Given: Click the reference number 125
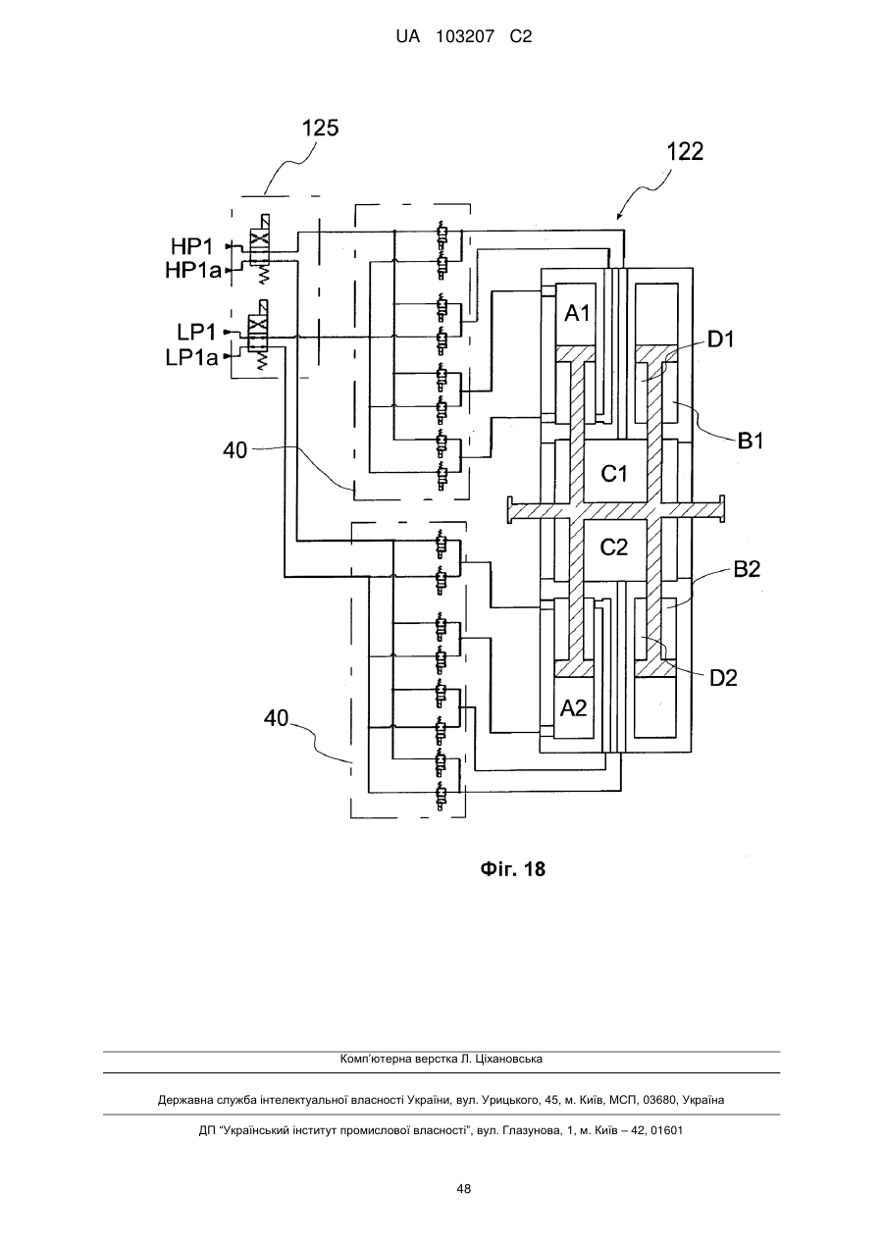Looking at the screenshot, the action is (320, 129).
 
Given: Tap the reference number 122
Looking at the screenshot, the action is (686, 152).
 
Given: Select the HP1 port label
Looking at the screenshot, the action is (192, 246).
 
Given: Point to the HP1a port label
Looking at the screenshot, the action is (193, 271).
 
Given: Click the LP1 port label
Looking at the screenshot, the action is (196, 333).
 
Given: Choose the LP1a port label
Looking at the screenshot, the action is (191, 357).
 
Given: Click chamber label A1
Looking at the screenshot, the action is (577, 314).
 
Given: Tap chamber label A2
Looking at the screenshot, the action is (573, 708).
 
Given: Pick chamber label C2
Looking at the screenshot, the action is (613, 547).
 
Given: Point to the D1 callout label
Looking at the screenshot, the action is (722, 339).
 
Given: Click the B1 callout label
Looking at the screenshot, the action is (751, 442).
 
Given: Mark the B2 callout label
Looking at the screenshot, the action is (747, 569).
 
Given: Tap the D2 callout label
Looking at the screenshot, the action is (723, 677).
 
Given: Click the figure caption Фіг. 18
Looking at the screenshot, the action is (512, 868).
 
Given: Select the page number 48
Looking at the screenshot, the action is (463, 1189).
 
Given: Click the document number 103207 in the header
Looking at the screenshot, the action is (465, 37).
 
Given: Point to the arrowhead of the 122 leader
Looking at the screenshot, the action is (617, 219).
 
